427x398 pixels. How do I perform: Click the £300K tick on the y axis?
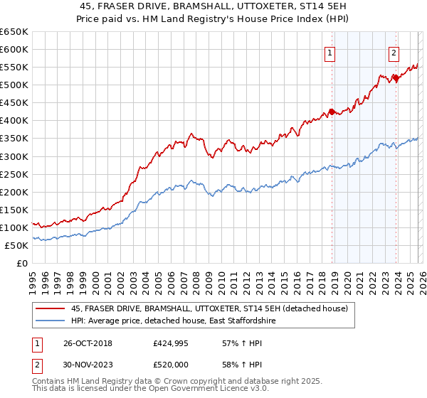click(x=14, y=156)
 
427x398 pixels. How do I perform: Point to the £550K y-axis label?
click(x=14, y=68)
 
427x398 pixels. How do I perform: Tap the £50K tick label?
click(x=16, y=245)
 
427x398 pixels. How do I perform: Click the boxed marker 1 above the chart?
click(x=331, y=52)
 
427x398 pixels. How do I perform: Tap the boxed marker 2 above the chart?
click(x=394, y=52)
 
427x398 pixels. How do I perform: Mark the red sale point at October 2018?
click(x=332, y=112)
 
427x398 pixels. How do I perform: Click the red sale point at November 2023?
click(x=396, y=78)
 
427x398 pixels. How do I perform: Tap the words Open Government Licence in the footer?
click(x=188, y=390)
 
